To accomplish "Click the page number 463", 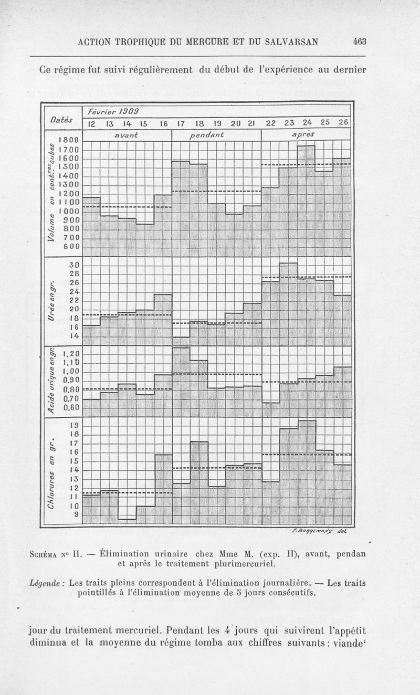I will (x=360, y=43).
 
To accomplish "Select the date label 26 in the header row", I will (x=343, y=123).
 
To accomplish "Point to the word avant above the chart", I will (x=127, y=135).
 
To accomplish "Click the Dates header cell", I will (x=61, y=120).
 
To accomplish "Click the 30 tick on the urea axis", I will (x=73, y=265).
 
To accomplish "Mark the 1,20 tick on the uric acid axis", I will (x=70, y=353).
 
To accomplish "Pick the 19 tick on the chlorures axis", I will (x=73, y=425).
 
